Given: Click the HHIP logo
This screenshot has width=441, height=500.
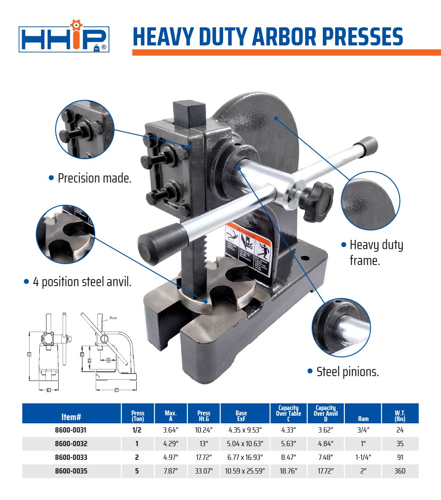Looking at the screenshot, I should tap(64, 39).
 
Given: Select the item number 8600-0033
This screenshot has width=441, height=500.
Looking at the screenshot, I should tap(71, 458).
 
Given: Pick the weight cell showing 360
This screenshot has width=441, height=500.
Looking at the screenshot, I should tap(400, 471).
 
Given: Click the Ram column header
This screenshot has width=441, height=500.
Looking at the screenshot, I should tap(363, 418).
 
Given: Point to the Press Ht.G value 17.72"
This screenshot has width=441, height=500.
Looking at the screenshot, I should tap(204, 458).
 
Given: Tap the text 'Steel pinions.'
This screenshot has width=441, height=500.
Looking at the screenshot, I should tap(348, 372).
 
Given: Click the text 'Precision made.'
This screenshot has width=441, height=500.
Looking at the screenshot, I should tap(94, 178).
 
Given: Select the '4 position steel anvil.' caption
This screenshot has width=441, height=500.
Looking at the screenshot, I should tap(82, 282).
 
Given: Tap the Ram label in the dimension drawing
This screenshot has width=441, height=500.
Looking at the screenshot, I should tap(113, 318).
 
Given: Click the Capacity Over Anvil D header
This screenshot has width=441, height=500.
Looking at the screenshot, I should tap(325, 413).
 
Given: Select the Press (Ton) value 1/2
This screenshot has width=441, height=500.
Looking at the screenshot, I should tap(137, 430).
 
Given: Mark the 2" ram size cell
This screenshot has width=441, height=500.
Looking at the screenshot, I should tap(363, 471).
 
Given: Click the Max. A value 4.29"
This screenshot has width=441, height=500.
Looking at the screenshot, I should tap(171, 444).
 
